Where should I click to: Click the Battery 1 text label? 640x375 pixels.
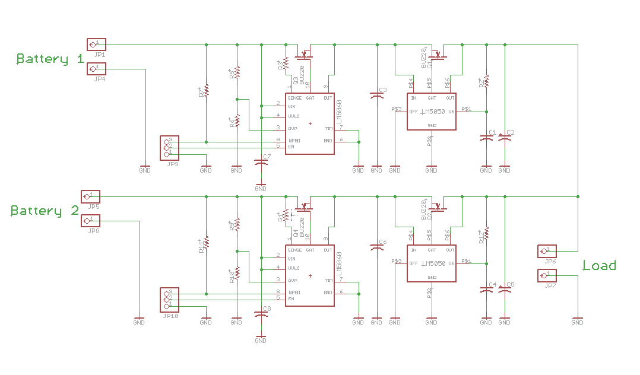pos(50,59)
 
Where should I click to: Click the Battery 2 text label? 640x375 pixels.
pos(45,211)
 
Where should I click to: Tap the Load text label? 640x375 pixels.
pos(598,265)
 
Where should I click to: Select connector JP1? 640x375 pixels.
pos(96,44)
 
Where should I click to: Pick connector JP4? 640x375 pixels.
pos(96,69)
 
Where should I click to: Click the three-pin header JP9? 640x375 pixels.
pos(168,148)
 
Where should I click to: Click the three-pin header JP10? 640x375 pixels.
pos(168,300)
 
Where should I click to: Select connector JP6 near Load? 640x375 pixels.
pos(547,251)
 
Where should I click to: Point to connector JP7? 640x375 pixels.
pos(547,276)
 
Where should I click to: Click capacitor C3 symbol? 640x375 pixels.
pos(376,94)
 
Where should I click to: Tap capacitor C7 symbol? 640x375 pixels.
pos(260,161)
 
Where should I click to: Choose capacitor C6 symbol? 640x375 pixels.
pos(376,246)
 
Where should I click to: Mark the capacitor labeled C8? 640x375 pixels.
pos(260,313)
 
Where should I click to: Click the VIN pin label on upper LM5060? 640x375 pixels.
pos(292,106)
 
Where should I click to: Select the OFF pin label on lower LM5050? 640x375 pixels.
pos(414,263)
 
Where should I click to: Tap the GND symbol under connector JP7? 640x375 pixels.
pos(577,322)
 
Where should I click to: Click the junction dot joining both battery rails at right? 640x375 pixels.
pos(577,196)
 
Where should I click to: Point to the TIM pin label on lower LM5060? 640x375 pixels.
pos(328,279)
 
